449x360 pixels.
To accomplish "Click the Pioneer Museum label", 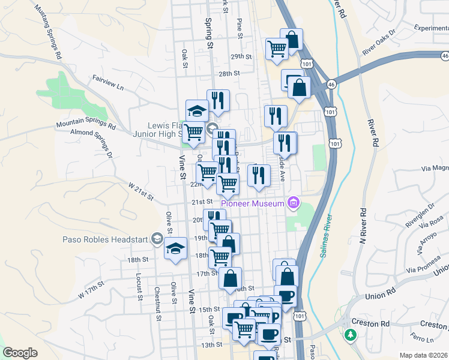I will [252, 203].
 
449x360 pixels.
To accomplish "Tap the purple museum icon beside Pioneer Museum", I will [293, 203].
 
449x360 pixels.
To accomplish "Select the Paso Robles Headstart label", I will [106, 239].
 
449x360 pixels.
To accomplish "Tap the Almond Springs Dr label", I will [92, 142].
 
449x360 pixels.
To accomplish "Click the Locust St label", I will [139, 286].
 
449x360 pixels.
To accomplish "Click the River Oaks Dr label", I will [379, 42].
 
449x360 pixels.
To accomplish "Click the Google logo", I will [20, 353].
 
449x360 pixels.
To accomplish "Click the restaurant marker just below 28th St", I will [218, 100].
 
